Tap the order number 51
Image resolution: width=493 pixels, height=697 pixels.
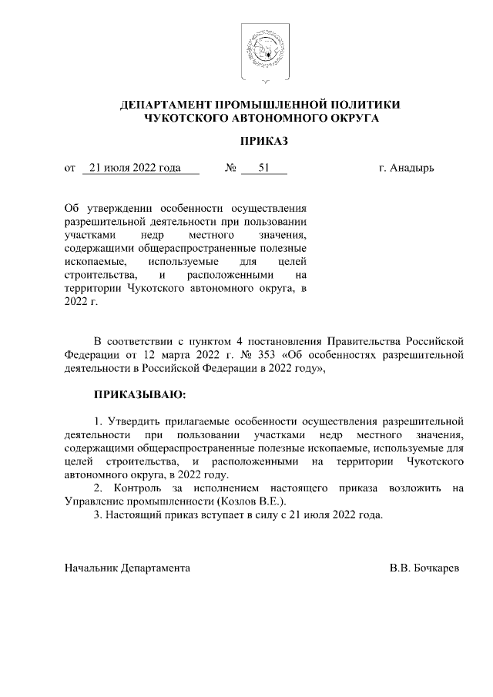[263, 168]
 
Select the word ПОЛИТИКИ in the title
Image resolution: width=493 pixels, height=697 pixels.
[365, 105]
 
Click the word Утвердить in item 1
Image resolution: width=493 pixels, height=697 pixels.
[132, 421]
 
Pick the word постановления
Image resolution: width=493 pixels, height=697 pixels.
[282, 340]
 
